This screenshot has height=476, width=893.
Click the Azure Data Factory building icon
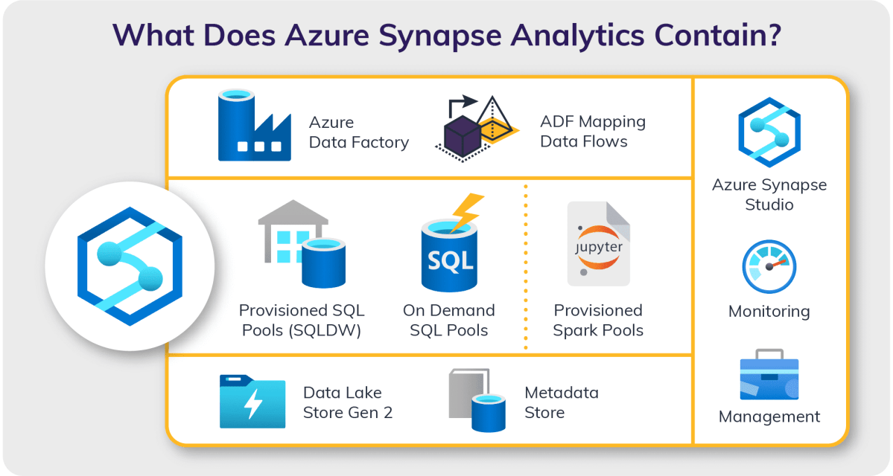[253, 126]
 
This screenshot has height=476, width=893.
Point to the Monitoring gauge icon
[769, 266]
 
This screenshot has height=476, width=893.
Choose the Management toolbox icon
[769, 379]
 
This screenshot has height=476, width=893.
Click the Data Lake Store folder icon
[252, 402]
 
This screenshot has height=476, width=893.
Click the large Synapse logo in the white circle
[130, 266]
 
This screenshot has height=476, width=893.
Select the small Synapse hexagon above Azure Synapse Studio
[769, 133]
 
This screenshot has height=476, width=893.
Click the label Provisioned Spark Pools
[598, 320]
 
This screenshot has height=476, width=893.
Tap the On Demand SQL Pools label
[449, 320]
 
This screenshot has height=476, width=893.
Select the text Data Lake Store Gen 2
[348, 402]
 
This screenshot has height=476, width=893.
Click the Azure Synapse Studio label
[769, 194]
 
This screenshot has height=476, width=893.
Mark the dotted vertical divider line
[526, 268]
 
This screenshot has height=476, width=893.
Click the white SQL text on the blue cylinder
[449, 260]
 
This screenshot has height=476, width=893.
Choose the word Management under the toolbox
[769, 416]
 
